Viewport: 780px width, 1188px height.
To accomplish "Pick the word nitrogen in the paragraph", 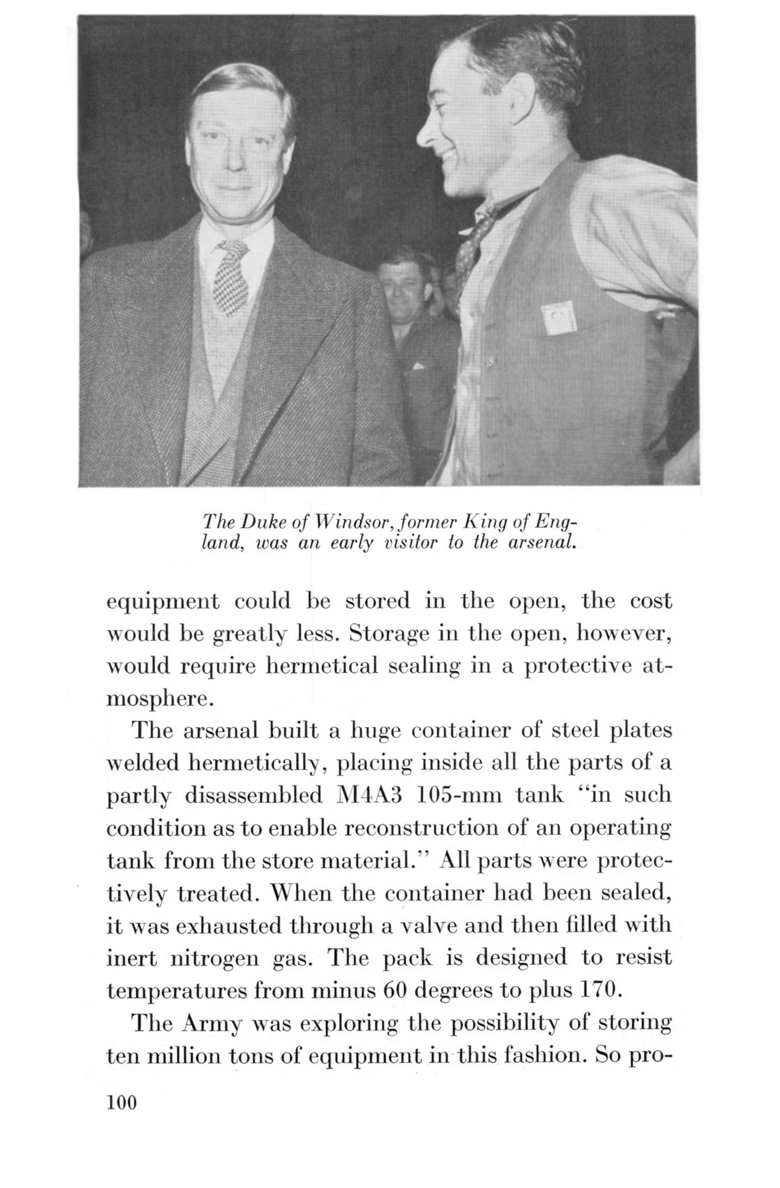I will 216,958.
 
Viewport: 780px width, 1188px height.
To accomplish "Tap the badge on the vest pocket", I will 558,319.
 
